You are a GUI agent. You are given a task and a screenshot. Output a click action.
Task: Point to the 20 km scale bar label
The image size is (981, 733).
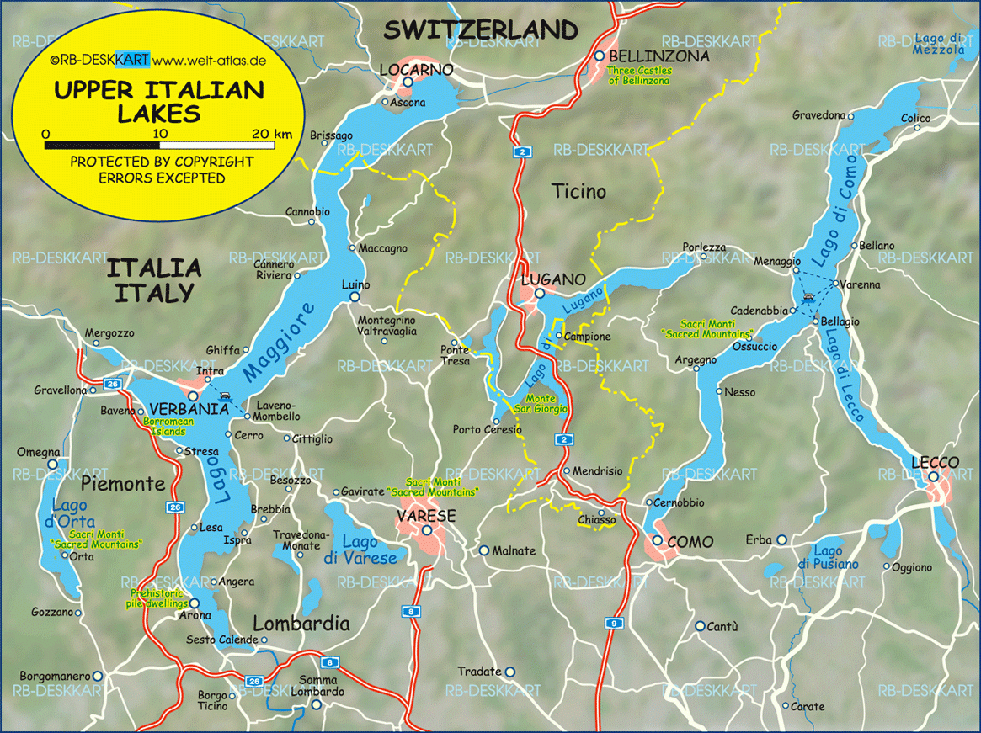click(x=271, y=134)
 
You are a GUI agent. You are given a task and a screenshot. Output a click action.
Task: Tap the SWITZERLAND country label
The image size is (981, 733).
click(x=482, y=30)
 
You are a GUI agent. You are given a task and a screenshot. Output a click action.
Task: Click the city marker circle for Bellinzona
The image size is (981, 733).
click(x=600, y=56)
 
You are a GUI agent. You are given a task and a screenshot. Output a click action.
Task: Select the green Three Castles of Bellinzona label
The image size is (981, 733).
click(x=639, y=77)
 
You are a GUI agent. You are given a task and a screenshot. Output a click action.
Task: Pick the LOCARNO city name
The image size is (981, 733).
click(x=417, y=68)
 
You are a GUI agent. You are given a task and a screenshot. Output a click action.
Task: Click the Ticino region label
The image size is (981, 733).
click(x=578, y=192)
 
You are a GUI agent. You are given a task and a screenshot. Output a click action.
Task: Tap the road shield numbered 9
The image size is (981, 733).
click(x=612, y=623)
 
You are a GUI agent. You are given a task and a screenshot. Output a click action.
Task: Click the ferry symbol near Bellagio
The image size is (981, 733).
click(x=808, y=296)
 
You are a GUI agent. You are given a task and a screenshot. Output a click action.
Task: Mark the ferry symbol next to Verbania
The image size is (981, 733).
click(x=223, y=395)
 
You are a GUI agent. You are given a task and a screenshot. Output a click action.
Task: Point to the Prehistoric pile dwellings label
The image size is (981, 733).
click(x=157, y=598)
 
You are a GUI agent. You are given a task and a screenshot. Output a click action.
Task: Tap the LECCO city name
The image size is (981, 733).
click(x=935, y=463)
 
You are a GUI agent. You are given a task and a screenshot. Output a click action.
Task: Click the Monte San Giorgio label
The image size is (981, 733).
click(x=541, y=404)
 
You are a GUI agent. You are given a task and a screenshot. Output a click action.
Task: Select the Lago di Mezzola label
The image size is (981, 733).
click(x=939, y=44)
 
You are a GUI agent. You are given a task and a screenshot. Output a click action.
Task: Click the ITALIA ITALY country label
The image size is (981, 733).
click(x=154, y=281)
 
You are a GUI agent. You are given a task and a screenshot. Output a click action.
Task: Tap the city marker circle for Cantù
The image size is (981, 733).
click(x=700, y=626)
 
